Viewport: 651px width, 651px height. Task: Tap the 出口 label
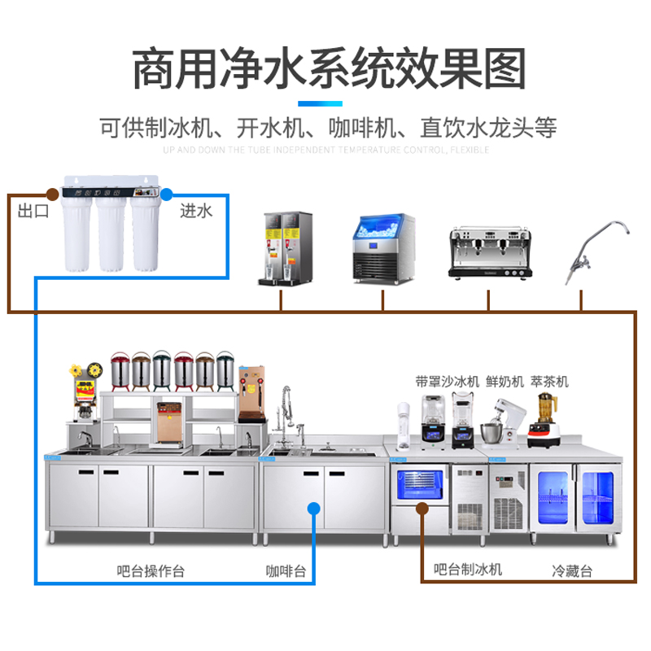[x=34, y=212]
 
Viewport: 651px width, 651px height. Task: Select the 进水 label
[x=195, y=212]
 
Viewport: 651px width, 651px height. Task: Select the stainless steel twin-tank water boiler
[x=286, y=249]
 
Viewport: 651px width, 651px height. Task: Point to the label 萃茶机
[x=550, y=381]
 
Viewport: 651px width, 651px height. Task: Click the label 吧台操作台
[x=151, y=570]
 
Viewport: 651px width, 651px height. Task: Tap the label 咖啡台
[x=286, y=570]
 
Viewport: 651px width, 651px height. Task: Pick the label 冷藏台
[x=572, y=570]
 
